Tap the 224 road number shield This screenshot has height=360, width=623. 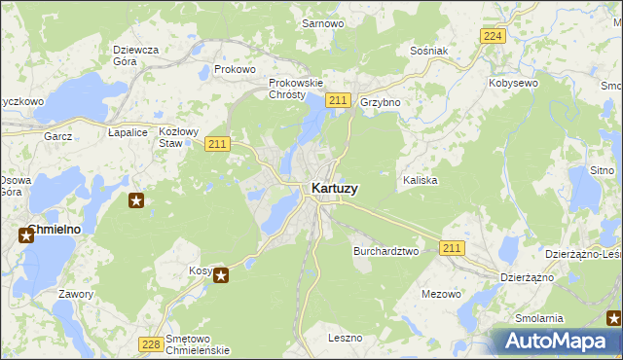point(494,36)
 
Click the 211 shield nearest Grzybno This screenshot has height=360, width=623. point(339,100)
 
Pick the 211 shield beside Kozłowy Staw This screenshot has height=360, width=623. point(217,144)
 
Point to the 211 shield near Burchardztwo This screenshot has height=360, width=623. point(451,249)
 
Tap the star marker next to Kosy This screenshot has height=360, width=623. point(221,275)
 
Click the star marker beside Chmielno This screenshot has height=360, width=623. point(25,234)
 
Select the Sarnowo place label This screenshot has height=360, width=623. point(321,22)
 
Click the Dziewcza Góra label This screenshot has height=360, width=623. point(135,55)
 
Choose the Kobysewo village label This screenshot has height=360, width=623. point(514,84)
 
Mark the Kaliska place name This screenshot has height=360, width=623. point(420,181)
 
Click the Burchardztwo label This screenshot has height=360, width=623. point(385,250)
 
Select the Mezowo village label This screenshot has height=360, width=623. point(441,293)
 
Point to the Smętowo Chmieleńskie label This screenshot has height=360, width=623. point(198,343)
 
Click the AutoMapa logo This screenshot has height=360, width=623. point(555,341)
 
